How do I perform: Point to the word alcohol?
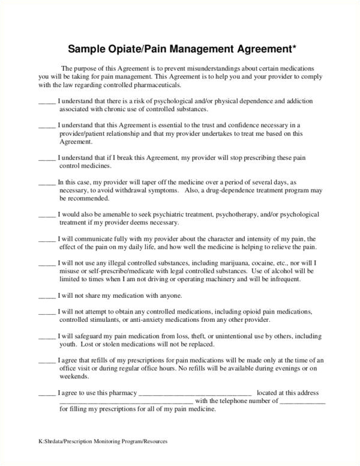pos(271,271)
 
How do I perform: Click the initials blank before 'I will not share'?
pos(46,296)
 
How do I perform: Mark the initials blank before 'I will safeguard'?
pos(46,336)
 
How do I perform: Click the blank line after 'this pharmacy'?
pos(195,394)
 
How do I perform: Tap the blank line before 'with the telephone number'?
pos(126,402)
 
